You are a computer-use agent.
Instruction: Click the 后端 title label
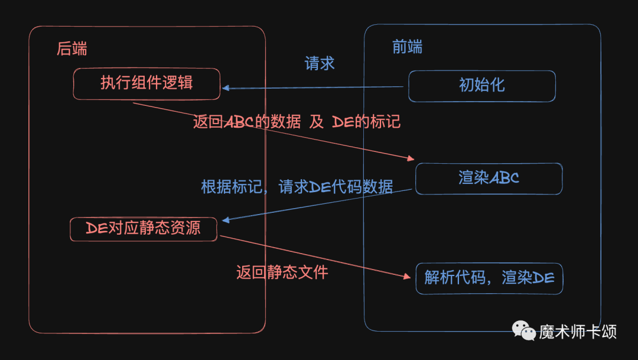click(71, 48)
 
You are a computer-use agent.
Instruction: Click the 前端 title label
click(407, 47)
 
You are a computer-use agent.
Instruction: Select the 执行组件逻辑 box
click(147, 83)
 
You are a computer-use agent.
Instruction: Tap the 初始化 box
click(481, 86)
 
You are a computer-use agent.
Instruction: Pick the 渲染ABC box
click(489, 179)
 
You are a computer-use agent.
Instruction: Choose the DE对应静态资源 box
click(144, 228)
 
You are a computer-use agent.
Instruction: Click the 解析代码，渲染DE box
click(489, 278)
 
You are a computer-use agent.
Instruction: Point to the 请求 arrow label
click(320, 64)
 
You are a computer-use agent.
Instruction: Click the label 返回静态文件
click(282, 272)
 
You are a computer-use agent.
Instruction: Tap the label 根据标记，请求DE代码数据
click(297, 187)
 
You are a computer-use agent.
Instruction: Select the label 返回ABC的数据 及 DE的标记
click(297, 122)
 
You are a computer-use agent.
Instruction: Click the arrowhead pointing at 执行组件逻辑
click(226, 89)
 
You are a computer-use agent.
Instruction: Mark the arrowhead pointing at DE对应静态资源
click(225, 219)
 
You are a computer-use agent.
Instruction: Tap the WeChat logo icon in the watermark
click(524, 330)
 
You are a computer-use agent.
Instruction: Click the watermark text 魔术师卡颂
click(577, 332)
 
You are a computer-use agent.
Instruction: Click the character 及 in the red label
click(317, 122)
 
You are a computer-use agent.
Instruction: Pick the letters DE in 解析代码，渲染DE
click(543, 278)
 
